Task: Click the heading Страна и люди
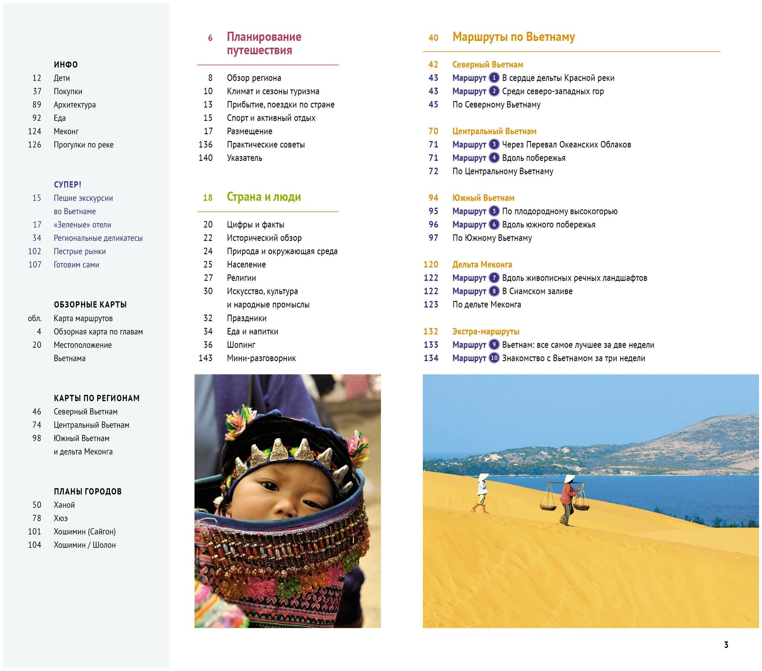point(264,197)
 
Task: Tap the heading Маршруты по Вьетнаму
point(513,37)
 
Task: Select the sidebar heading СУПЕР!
point(67,185)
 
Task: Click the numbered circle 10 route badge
point(494,358)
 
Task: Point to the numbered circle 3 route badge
point(494,144)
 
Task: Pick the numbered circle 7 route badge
point(494,278)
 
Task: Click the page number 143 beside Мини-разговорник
point(205,358)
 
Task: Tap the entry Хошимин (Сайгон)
point(85,532)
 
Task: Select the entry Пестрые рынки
point(80,251)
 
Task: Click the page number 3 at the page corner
point(726,645)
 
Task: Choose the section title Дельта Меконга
point(482,264)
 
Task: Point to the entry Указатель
point(244,158)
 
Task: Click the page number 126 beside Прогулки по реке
point(35,145)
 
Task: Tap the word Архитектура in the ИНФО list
point(75,105)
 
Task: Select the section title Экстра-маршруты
point(486,331)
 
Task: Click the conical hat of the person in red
point(570,479)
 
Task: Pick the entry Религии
point(241,278)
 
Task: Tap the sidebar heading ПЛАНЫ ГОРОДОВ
point(88,492)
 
